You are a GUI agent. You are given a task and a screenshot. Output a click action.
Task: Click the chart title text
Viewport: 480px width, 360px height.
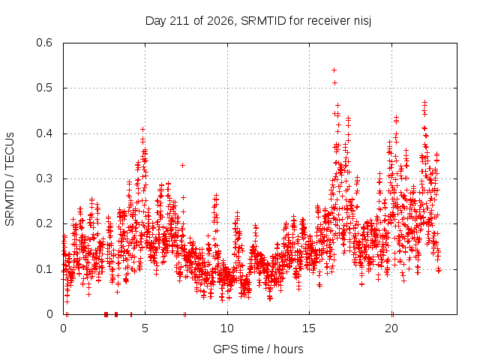[x=258, y=21]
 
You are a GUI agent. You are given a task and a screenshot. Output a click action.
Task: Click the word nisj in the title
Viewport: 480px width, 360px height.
[x=363, y=21]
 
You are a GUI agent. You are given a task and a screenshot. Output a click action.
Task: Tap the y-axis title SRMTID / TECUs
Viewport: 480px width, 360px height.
[x=10, y=179]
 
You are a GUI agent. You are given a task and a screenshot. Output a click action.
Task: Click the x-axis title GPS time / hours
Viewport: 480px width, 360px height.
[x=258, y=349]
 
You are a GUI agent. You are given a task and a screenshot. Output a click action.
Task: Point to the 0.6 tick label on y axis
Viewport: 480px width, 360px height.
[x=44, y=43]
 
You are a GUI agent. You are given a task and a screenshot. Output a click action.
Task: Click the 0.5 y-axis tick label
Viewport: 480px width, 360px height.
[x=44, y=88]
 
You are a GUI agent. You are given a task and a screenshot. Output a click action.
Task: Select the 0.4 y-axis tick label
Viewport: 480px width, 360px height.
[x=44, y=133]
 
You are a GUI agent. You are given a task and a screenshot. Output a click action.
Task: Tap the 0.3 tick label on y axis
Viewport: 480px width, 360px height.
[x=44, y=178]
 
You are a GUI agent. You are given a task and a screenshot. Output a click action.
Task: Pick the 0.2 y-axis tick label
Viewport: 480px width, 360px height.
[x=44, y=223]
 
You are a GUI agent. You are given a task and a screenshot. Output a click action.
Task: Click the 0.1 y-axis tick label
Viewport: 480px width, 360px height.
[x=44, y=269]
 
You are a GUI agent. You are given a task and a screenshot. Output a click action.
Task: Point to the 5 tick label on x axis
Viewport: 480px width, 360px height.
[x=145, y=328]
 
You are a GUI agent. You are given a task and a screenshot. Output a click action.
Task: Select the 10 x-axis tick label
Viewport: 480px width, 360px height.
[x=227, y=328]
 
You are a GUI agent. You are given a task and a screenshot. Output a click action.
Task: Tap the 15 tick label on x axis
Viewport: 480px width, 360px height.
[x=309, y=328]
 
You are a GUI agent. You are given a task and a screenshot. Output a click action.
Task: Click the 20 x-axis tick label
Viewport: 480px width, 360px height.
[x=391, y=328]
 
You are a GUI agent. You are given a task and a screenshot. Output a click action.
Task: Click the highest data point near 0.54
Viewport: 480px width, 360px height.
[x=334, y=70]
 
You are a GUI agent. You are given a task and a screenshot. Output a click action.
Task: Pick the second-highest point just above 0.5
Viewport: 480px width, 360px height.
[x=335, y=83]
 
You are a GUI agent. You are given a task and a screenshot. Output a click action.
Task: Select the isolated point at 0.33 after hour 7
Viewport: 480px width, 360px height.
[x=182, y=165]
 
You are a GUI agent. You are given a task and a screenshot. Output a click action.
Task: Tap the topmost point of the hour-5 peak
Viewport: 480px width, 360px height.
[x=142, y=130]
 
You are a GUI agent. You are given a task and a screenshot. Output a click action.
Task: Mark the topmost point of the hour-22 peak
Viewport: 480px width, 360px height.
[x=424, y=102]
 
